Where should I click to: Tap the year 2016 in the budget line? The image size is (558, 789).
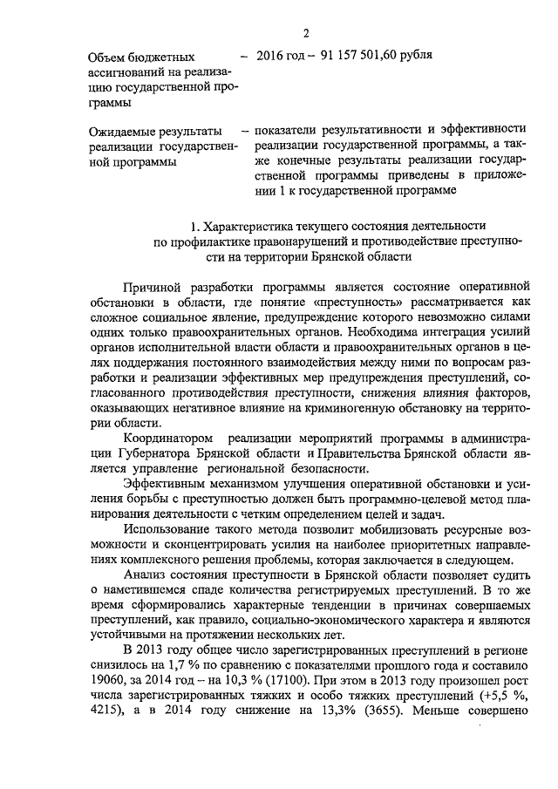click(x=277, y=56)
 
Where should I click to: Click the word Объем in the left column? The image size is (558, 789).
click(x=112, y=57)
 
